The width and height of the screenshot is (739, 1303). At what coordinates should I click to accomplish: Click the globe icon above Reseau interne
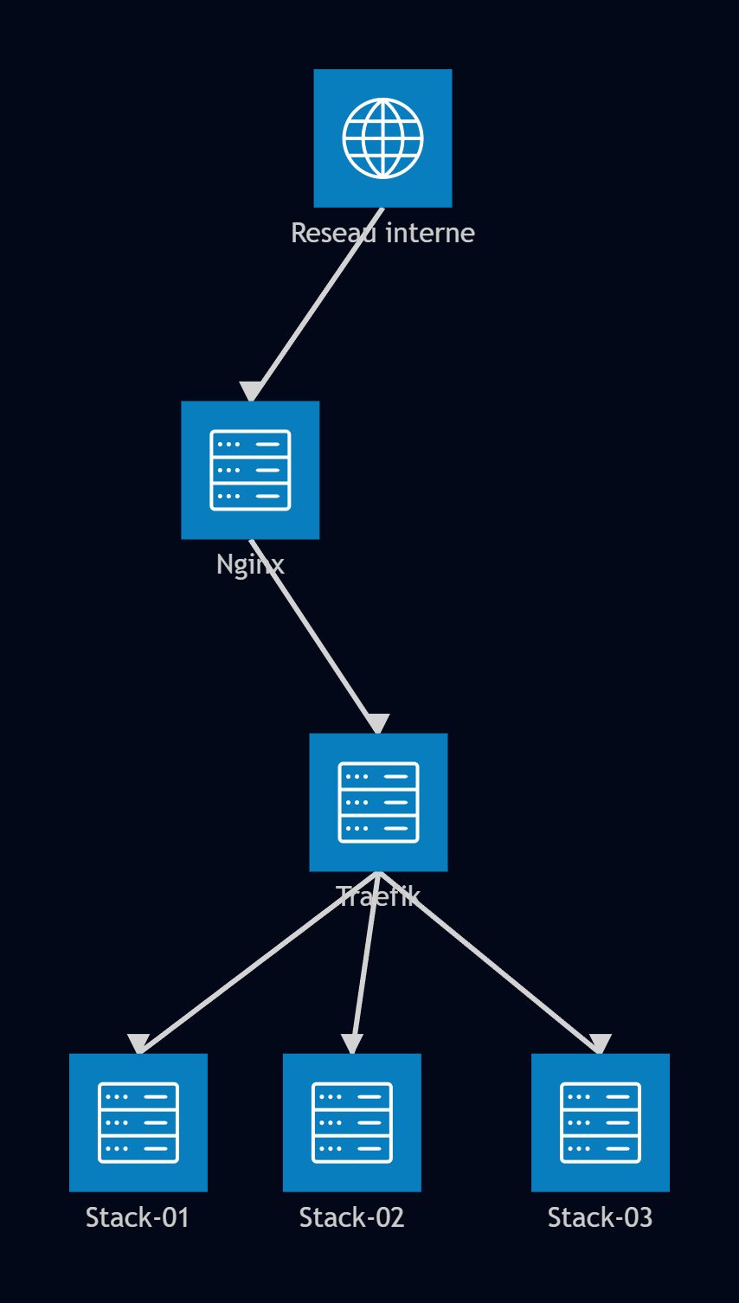tap(382, 138)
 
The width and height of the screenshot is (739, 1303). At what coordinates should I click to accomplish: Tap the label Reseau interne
tap(382, 234)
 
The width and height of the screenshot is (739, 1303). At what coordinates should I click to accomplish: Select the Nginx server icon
tap(250, 470)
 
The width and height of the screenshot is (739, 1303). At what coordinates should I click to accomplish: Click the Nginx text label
tap(250, 565)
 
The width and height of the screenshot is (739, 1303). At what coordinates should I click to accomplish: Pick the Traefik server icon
tap(378, 802)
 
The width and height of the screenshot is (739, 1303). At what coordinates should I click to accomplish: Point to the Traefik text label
tap(378, 896)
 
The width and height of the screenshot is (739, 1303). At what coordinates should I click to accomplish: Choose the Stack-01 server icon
tap(138, 1123)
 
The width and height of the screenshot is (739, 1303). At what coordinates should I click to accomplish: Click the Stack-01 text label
tap(138, 1217)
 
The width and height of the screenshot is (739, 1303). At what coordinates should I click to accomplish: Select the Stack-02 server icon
tap(352, 1123)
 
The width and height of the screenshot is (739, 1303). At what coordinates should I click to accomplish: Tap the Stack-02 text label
tap(351, 1217)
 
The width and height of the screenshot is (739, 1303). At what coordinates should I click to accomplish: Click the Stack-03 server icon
tap(601, 1123)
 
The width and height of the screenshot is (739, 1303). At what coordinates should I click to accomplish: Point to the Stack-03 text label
tap(600, 1217)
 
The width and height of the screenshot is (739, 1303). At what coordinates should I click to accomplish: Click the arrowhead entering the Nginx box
tap(251, 391)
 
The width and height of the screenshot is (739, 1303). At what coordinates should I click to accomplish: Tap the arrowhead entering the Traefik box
tap(378, 723)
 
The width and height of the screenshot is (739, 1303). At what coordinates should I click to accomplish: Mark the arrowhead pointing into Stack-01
tap(138, 1044)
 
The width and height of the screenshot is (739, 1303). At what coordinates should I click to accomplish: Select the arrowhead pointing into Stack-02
tap(352, 1044)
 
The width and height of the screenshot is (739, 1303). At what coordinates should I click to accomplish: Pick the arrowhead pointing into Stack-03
tap(601, 1044)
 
